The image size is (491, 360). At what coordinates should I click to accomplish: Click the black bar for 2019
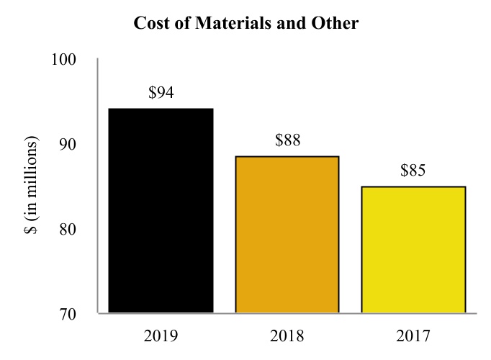161,210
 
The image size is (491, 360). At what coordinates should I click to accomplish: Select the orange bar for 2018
287,234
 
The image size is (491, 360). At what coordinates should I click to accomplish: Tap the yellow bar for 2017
413,249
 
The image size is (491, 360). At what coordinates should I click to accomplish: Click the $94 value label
161,93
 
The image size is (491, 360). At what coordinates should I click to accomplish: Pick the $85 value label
413,171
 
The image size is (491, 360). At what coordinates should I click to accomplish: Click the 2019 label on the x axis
161,336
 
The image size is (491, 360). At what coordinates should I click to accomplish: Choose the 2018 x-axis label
287,336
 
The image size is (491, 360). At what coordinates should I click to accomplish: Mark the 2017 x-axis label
413,336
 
